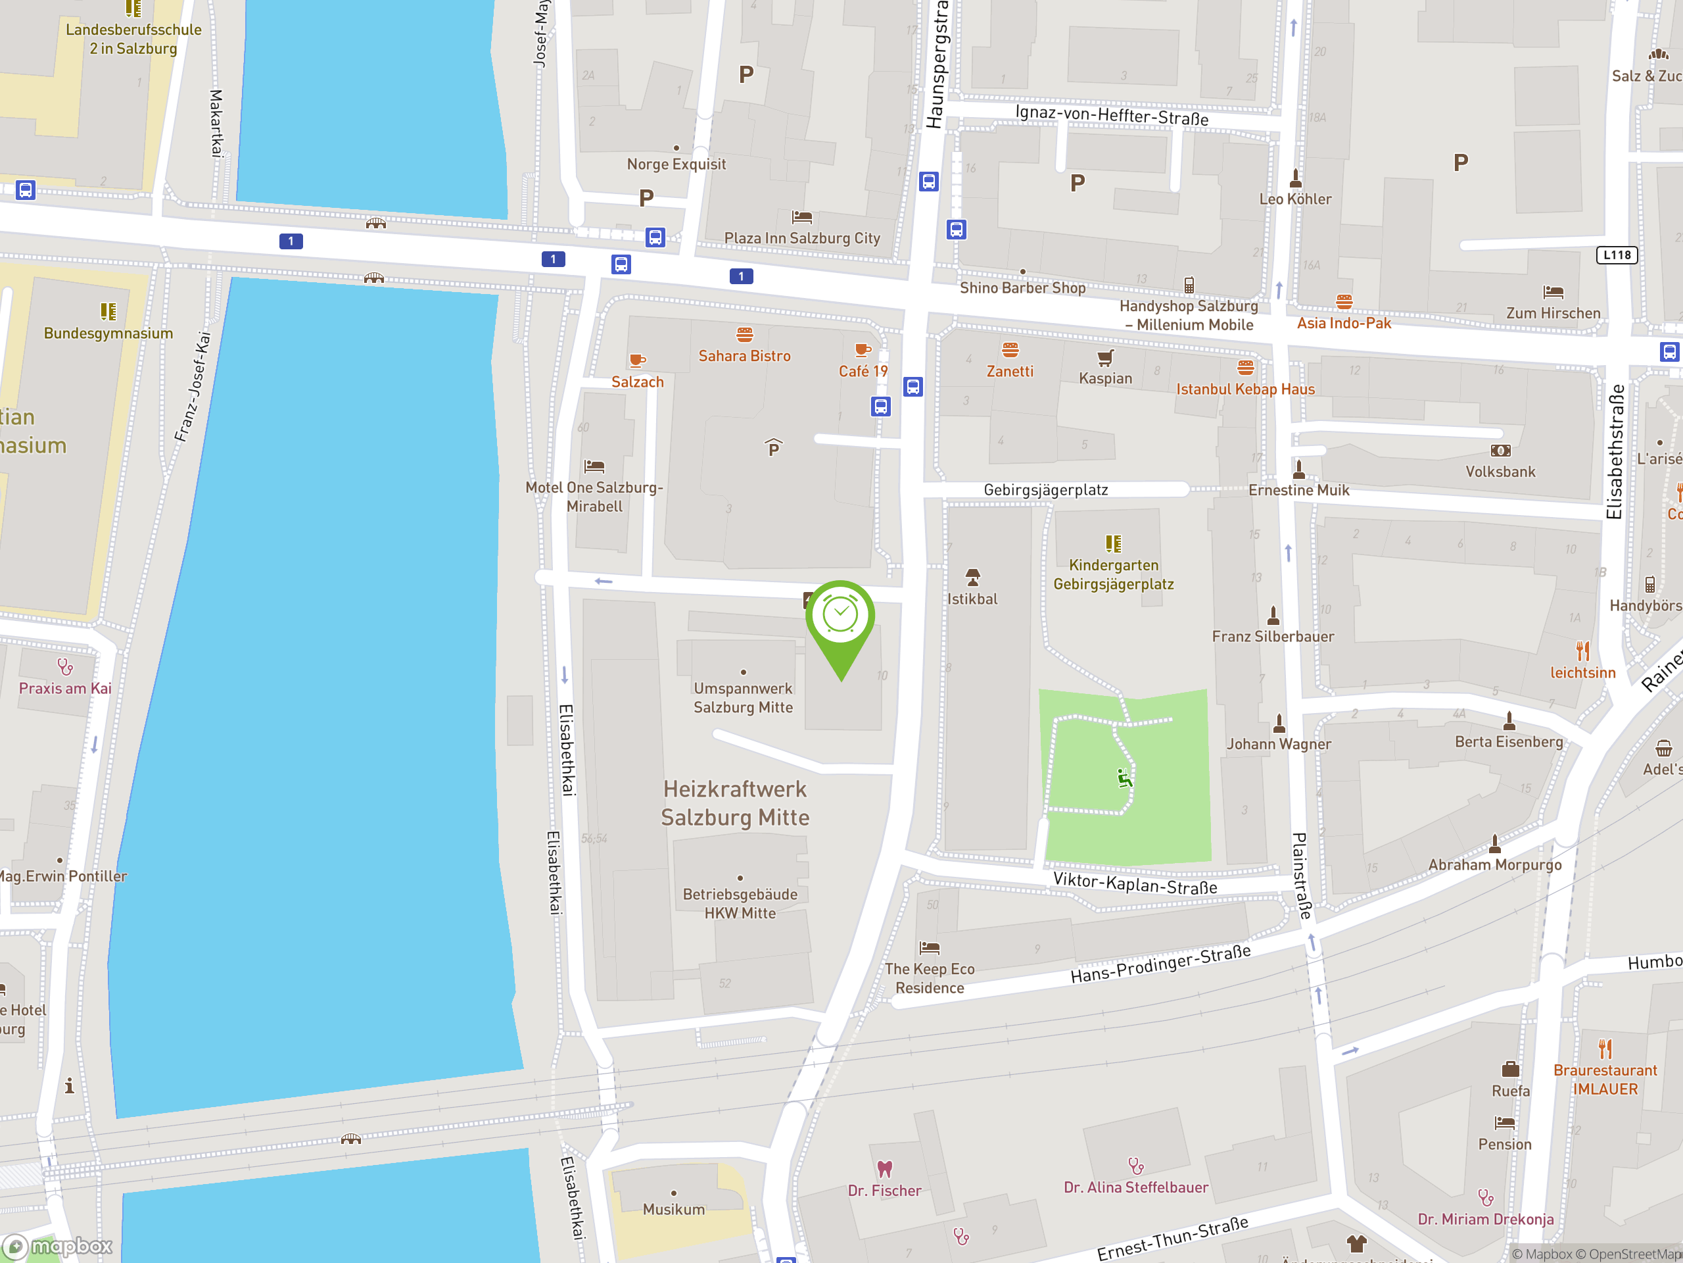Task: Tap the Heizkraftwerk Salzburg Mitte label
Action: click(x=735, y=803)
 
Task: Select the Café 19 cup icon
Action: click(x=862, y=350)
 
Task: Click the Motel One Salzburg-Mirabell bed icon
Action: click(x=594, y=466)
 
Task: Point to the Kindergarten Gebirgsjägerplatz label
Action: click(x=1113, y=575)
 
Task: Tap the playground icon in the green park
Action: click(x=1125, y=778)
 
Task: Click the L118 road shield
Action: click(x=1616, y=255)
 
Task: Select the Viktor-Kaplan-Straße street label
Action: click(x=1135, y=883)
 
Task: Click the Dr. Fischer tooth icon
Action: click(x=884, y=1168)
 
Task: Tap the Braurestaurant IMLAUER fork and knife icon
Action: click(x=1605, y=1049)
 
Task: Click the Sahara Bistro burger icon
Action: click(x=744, y=334)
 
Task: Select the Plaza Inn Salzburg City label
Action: click(x=802, y=238)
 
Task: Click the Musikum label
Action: click(x=673, y=1209)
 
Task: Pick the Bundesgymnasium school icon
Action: click(x=108, y=311)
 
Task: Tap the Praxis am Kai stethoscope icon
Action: click(x=66, y=667)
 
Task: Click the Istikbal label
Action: click(x=972, y=599)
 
